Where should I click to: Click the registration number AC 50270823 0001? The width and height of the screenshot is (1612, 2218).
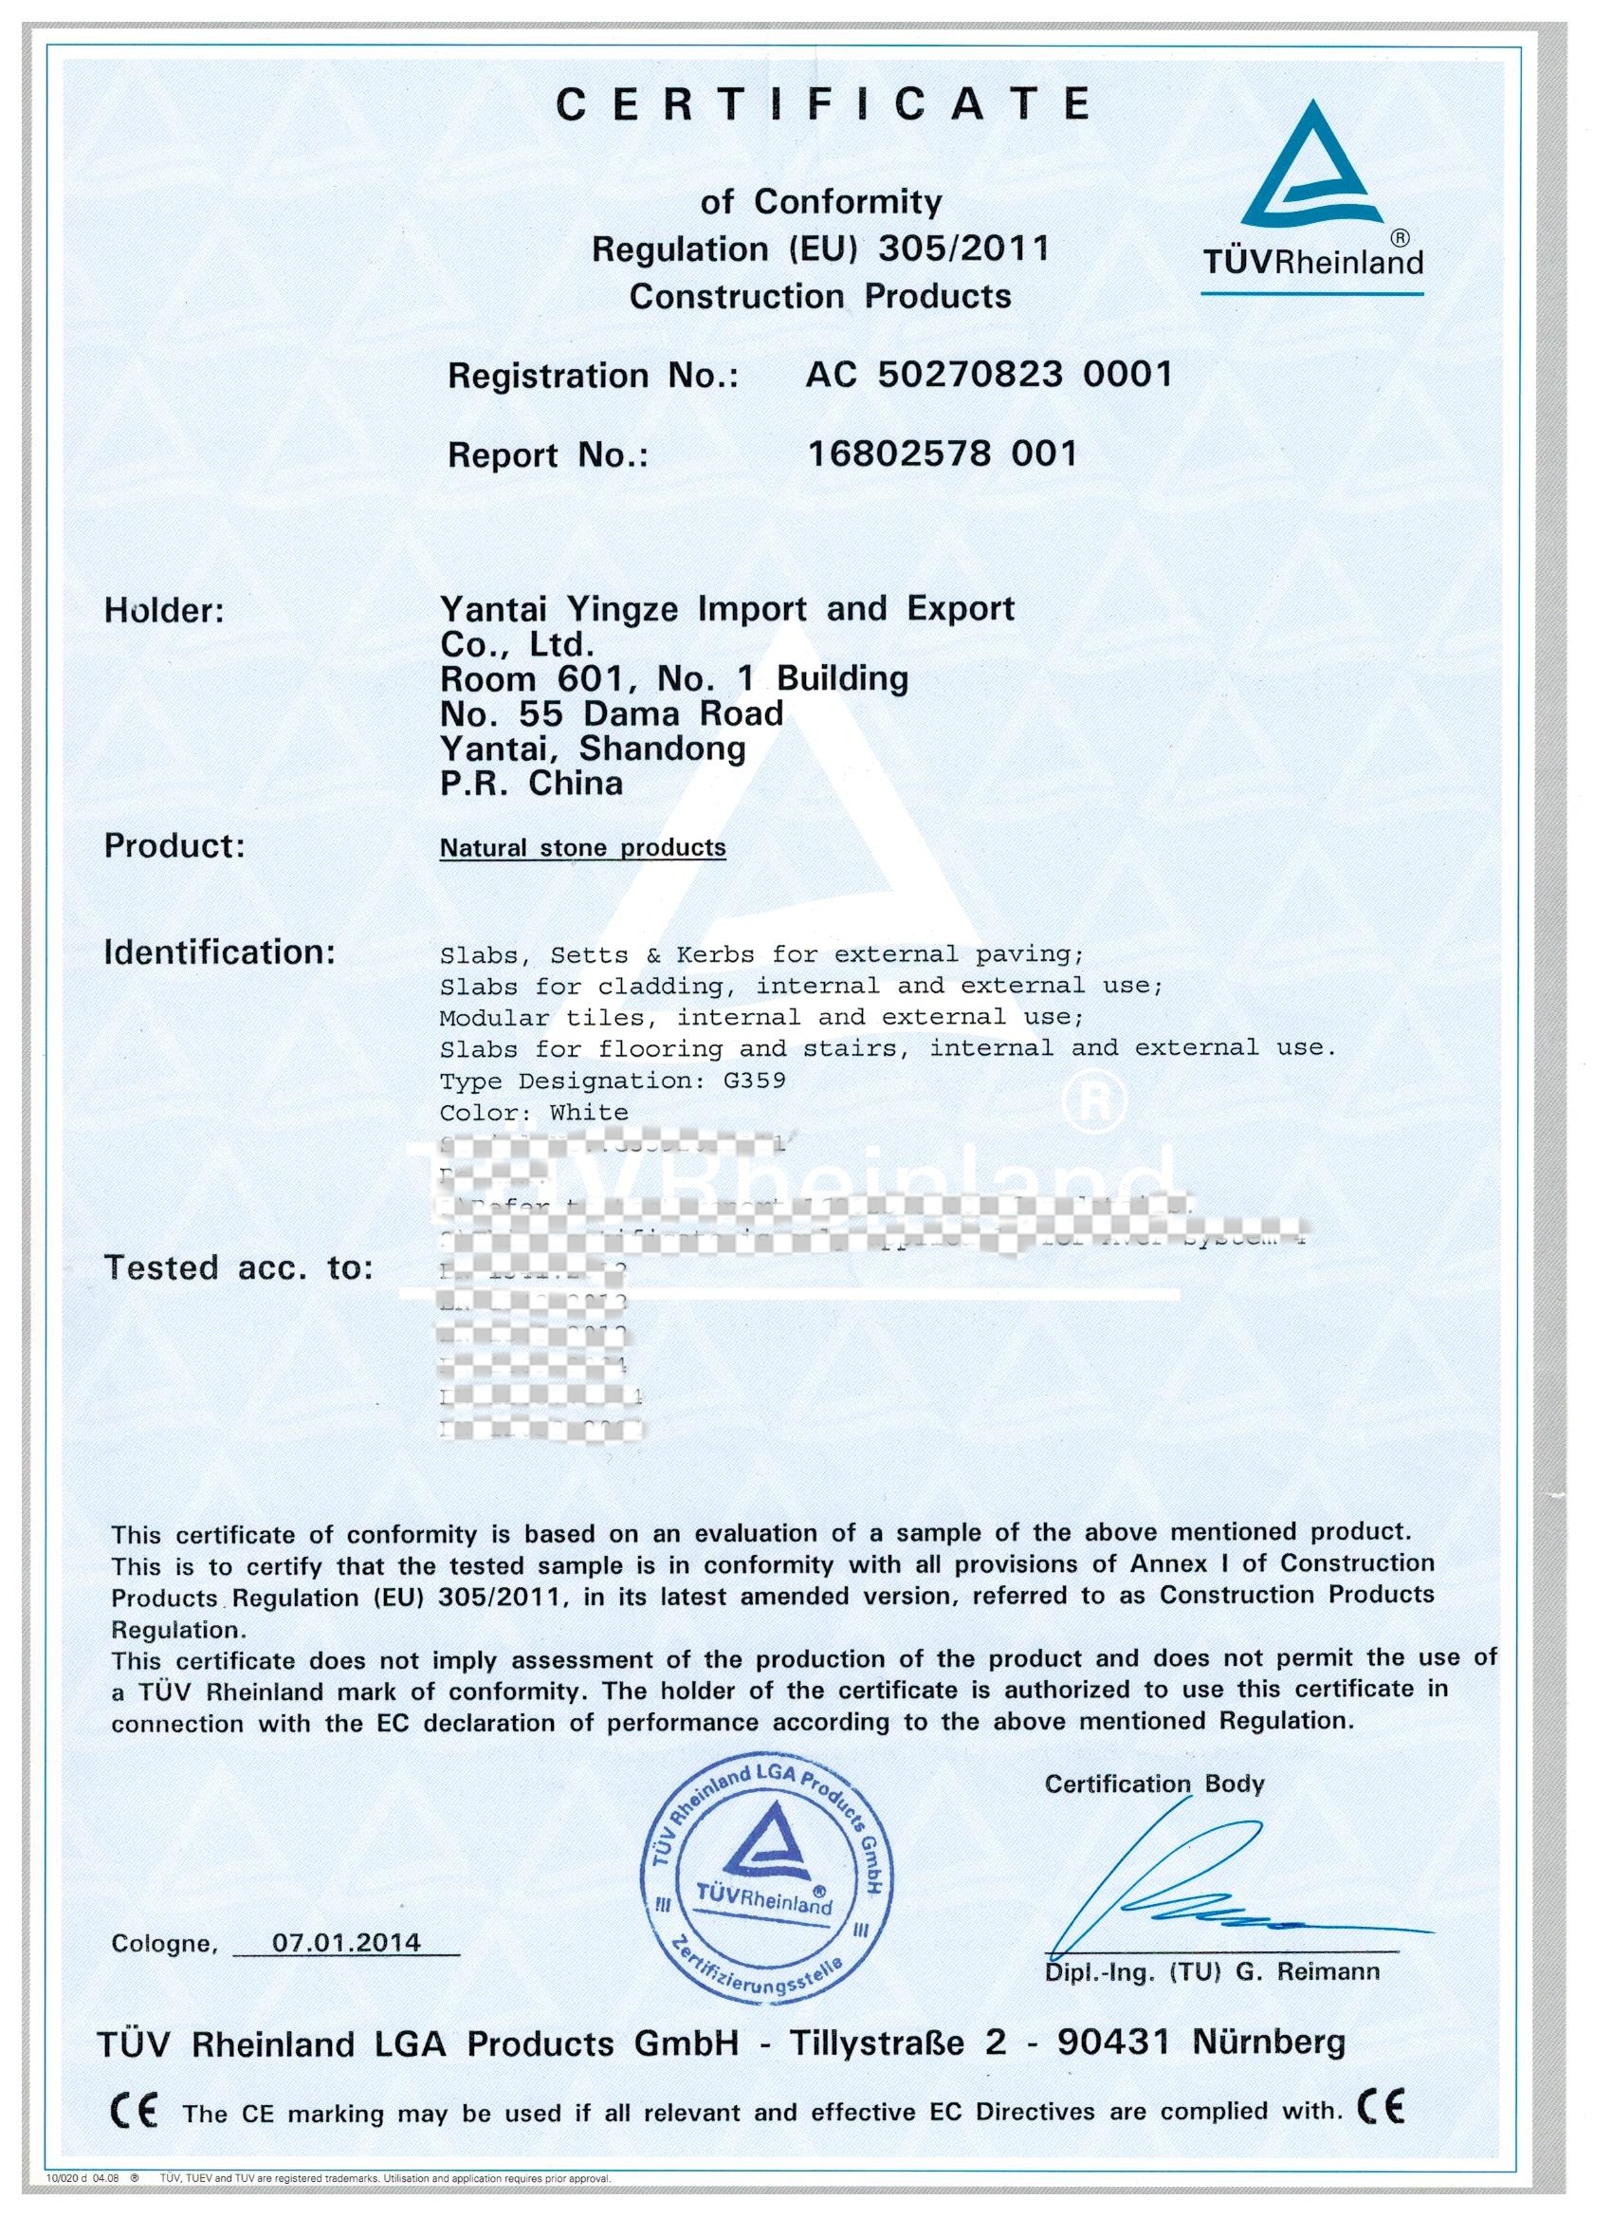pyautogui.click(x=988, y=375)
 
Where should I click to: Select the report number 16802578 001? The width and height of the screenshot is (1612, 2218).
pyautogui.click(x=943, y=453)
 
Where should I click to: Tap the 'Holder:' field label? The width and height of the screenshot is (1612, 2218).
pyautogui.click(x=164, y=611)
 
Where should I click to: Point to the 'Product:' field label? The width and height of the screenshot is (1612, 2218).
pyautogui.click(x=175, y=846)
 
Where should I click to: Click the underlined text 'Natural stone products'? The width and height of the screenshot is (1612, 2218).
pyautogui.click(x=582, y=848)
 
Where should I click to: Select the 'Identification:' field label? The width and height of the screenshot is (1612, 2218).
pyautogui.click(x=220, y=952)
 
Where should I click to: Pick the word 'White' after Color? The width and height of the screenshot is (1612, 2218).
pyautogui.click(x=589, y=1112)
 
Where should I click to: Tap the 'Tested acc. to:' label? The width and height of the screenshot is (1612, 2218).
pyautogui.click(x=239, y=1267)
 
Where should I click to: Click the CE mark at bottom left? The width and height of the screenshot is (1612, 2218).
pyautogui.click(x=134, y=2113)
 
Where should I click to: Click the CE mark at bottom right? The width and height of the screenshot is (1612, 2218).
pyautogui.click(x=1382, y=2109)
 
